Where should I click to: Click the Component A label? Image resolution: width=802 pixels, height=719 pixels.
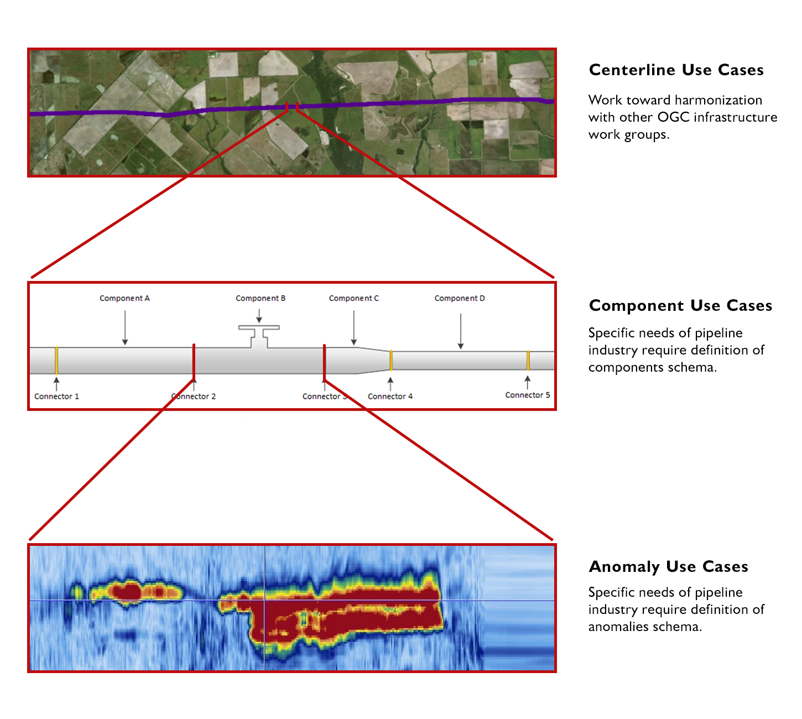point(124,298)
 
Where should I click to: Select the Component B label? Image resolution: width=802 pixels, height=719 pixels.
point(261,298)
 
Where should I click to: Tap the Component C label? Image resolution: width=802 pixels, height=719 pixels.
point(354,298)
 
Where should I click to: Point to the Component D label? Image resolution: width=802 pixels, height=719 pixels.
point(460,298)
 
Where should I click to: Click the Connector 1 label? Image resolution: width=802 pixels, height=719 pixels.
point(56,396)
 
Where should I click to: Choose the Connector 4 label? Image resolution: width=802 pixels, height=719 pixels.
point(390,396)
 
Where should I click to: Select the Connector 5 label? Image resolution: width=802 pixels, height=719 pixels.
point(528,395)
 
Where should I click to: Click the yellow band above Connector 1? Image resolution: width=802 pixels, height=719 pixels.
point(56,360)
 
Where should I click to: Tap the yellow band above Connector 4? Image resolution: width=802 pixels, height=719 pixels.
point(391,360)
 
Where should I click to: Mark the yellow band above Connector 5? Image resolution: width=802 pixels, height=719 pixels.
point(528,360)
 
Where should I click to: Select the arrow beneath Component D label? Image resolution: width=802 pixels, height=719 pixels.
point(460,331)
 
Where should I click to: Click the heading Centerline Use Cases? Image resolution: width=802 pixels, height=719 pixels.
point(676,70)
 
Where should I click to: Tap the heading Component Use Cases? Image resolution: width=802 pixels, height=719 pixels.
point(680,305)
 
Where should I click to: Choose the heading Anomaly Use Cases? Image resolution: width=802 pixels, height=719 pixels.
point(668,566)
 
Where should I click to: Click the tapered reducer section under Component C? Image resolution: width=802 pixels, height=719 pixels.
point(373,360)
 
